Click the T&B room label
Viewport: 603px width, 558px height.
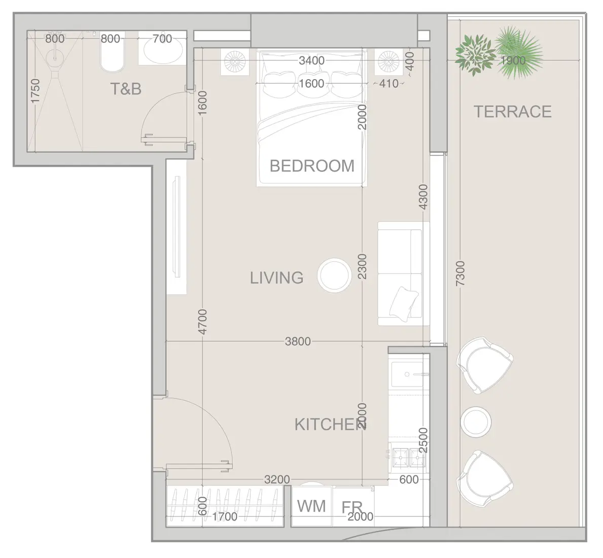[x=126, y=89]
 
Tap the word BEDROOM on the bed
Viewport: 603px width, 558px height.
[x=312, y=166]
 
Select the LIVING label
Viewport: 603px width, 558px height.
[x=277, y=277]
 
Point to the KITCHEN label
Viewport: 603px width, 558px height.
[x=331, y=424]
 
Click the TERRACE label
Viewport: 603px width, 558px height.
[x=512, y=112]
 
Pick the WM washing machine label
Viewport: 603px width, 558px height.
[x=311, y=506]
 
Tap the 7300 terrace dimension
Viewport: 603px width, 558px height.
[x=460, y=274]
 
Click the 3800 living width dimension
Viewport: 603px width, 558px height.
[x=298, y=341]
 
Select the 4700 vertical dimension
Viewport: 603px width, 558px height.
[x=202, y=322]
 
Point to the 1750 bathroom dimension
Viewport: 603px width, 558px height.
[x=35, y=91]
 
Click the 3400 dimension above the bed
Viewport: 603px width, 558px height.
[x=311, y=61]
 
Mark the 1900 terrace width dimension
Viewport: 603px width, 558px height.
[x=513, y=60]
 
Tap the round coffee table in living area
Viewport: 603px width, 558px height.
[x=334, y=275]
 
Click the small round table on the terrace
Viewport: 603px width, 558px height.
[x=476, y=422]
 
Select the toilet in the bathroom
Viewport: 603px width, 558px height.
[x=112, y=56]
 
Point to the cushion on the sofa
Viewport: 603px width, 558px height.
[x=404, y=304]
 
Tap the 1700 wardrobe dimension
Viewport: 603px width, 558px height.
[x=225, y=516]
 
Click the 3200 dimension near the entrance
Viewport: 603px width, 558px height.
[x=277, y=479]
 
